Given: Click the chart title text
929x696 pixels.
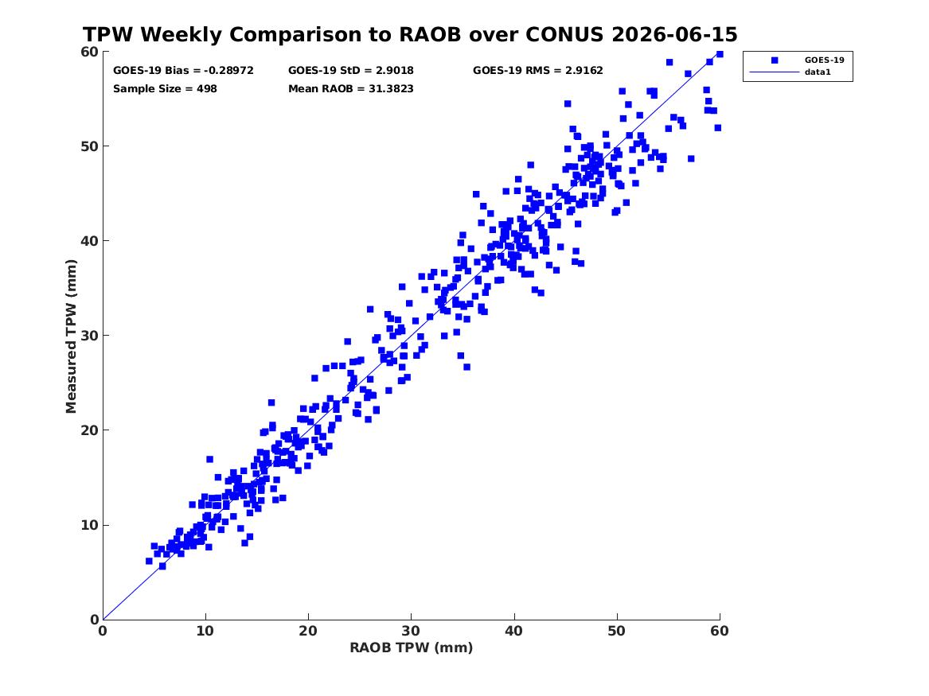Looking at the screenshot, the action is tap(410, 34).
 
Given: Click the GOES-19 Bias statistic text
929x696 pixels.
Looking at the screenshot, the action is tap(183, 71).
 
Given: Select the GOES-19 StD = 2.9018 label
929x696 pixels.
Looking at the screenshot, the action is tap(351, 71).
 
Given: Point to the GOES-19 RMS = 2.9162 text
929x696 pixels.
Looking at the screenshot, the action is tap(538, 71).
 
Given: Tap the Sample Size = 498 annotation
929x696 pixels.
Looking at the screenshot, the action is tap(165, 89).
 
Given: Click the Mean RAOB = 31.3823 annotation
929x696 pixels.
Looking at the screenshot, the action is tap(351, 89).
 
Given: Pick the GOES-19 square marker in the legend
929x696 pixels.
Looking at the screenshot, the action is tap(775, 60).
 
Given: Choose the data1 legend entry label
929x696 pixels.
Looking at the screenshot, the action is tap(818, 72).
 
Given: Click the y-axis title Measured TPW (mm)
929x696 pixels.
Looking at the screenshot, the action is tap(71, 336).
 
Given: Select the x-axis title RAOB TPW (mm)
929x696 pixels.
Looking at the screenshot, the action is tap(412, 647).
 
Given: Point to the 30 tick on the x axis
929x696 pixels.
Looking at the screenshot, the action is tap(412, 631).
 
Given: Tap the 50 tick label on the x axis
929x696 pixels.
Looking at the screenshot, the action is tap(617, 631).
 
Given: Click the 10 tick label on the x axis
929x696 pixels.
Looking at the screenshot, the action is tap(205, 631).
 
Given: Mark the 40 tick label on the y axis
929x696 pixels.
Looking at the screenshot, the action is tap(89, 241).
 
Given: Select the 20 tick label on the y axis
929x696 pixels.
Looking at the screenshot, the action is tap(89, 430).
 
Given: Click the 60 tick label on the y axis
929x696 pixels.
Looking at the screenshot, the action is tap(89, 52).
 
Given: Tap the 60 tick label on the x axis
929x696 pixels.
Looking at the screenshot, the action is tap(720, 631).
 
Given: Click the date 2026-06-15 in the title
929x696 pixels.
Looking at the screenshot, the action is tap(674, 34).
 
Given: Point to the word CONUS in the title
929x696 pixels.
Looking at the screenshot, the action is tap(563, 34).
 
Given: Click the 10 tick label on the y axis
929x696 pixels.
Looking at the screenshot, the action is tap(89, 525).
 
